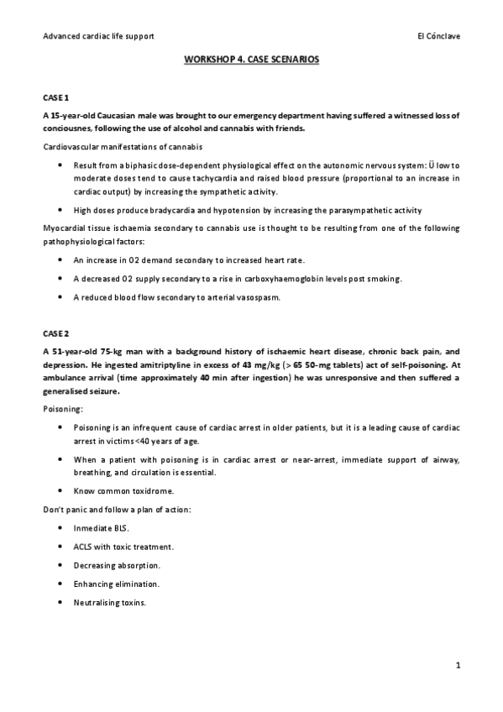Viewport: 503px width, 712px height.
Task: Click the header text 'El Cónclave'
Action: point(438,36)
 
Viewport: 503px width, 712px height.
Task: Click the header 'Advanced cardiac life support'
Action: point(98,36)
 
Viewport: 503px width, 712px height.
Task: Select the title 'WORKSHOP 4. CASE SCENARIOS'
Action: point(251,61)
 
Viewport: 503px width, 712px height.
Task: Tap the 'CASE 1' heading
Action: point(56,98)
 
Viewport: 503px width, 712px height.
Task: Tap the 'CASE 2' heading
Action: point(56,333)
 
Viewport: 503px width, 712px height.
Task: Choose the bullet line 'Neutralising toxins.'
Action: point(110,602)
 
